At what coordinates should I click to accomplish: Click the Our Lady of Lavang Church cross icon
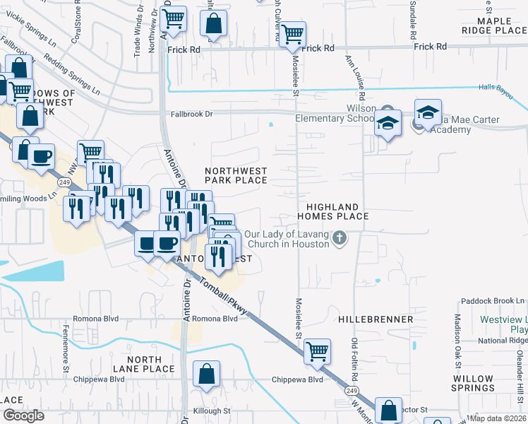[x=340, y=237]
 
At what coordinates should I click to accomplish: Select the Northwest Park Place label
[x=236, y=175]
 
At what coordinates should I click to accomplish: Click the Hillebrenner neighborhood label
[x=376, y=319]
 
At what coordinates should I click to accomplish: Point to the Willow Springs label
[x=473, y=384]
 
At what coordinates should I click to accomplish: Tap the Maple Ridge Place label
[x=495, y=26]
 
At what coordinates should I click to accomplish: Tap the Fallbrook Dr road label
[x=191, y=113]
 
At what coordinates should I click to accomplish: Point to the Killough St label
[x=211, y=411]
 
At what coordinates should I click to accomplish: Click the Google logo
[x=23, y=416]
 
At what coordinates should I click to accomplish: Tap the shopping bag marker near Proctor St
[x=389, y=410]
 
